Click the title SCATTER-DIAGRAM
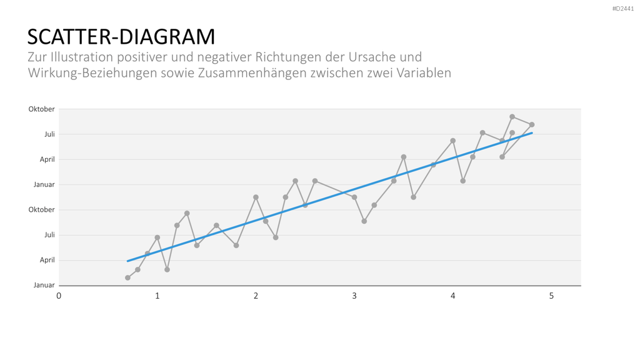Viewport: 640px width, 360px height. (121, 37)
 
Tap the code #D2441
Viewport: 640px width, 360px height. (623, 9)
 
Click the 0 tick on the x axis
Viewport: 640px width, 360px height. (59, 296)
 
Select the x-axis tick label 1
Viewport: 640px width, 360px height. (157, 296)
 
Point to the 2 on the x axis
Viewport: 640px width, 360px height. (256, 296)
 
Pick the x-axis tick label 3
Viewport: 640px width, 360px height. (354, 296)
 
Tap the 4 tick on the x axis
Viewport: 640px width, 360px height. (452, 296)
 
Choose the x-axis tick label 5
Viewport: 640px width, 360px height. (551, 296)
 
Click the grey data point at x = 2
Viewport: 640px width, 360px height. (256, 197)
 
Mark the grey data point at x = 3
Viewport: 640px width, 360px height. (354, 197)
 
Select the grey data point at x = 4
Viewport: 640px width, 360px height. (452, 141)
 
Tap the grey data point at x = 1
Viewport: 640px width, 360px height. (157, 237)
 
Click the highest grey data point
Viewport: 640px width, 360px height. (512, 117)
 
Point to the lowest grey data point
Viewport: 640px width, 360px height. (127, 277)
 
